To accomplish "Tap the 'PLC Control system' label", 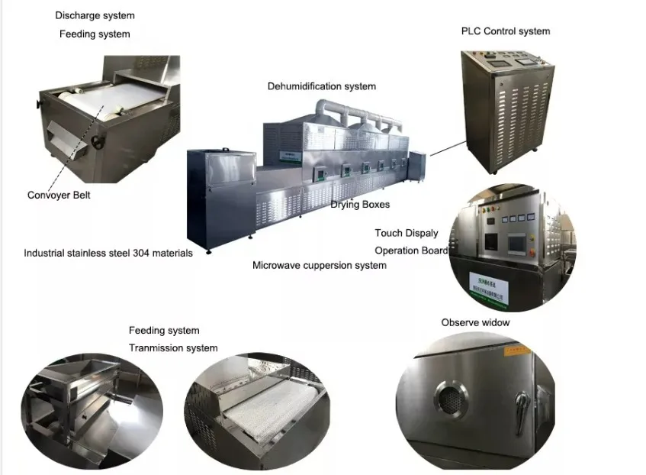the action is (506, 31).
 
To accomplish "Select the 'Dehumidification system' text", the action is (321, 86).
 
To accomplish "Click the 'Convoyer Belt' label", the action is (59, 195).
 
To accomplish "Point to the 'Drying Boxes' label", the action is (360, 205).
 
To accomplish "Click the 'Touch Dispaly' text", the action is (407, 233).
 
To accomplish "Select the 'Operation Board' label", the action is (411, 250).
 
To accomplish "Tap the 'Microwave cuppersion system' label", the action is (320, 266).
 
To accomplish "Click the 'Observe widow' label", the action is (475, 322).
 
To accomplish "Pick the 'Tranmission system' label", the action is (173, 348).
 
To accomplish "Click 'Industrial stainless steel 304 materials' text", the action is (108, 253).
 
